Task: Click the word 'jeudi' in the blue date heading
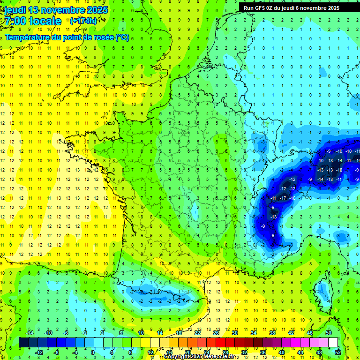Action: click(x=15, y=10)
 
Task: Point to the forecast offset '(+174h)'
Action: click(x=83, y=21)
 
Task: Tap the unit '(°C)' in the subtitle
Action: click(x=122, y=37)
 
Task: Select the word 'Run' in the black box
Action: click(x=248, y=8)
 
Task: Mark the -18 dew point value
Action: click(x=339, y=170)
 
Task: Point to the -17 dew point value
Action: click(x=283, y=198)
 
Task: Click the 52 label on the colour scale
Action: click(x=338, y=352)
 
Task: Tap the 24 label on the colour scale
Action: click(x=207, y=352)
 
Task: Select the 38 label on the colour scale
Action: click(x=272, y=333)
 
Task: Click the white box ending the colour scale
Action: click(x=333, y=343)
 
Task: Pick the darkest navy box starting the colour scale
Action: click(x=23, y=343)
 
